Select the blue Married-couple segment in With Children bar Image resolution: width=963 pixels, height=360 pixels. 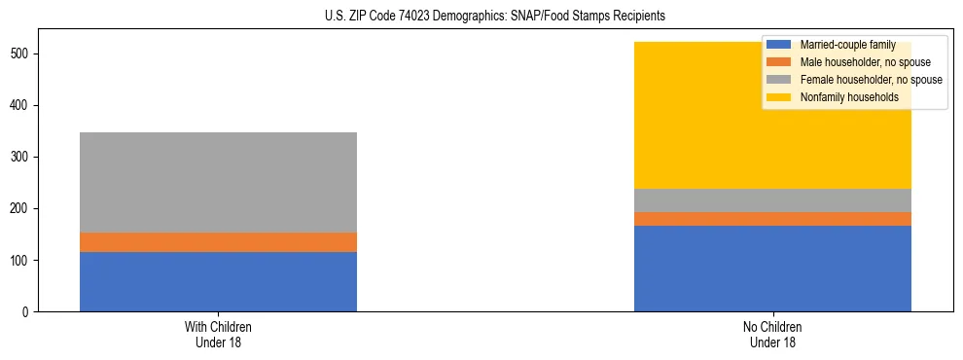218,281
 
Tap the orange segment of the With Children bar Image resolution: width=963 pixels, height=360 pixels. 218,242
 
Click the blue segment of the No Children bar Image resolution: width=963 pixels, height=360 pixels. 772,269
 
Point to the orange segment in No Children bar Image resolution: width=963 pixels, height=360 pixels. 772,219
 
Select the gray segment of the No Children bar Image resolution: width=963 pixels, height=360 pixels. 772,200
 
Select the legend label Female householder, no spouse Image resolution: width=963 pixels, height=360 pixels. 871,80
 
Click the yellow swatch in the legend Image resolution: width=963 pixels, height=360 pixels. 779,97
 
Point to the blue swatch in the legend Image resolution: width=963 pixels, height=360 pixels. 779,45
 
